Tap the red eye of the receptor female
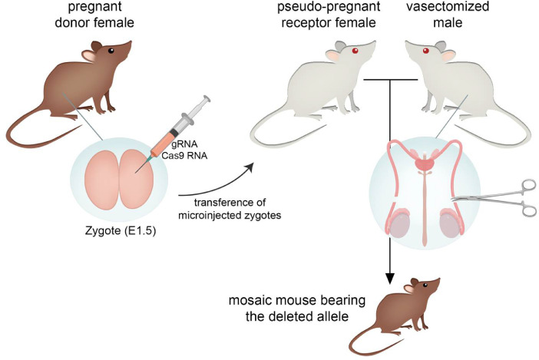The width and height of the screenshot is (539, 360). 355,52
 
